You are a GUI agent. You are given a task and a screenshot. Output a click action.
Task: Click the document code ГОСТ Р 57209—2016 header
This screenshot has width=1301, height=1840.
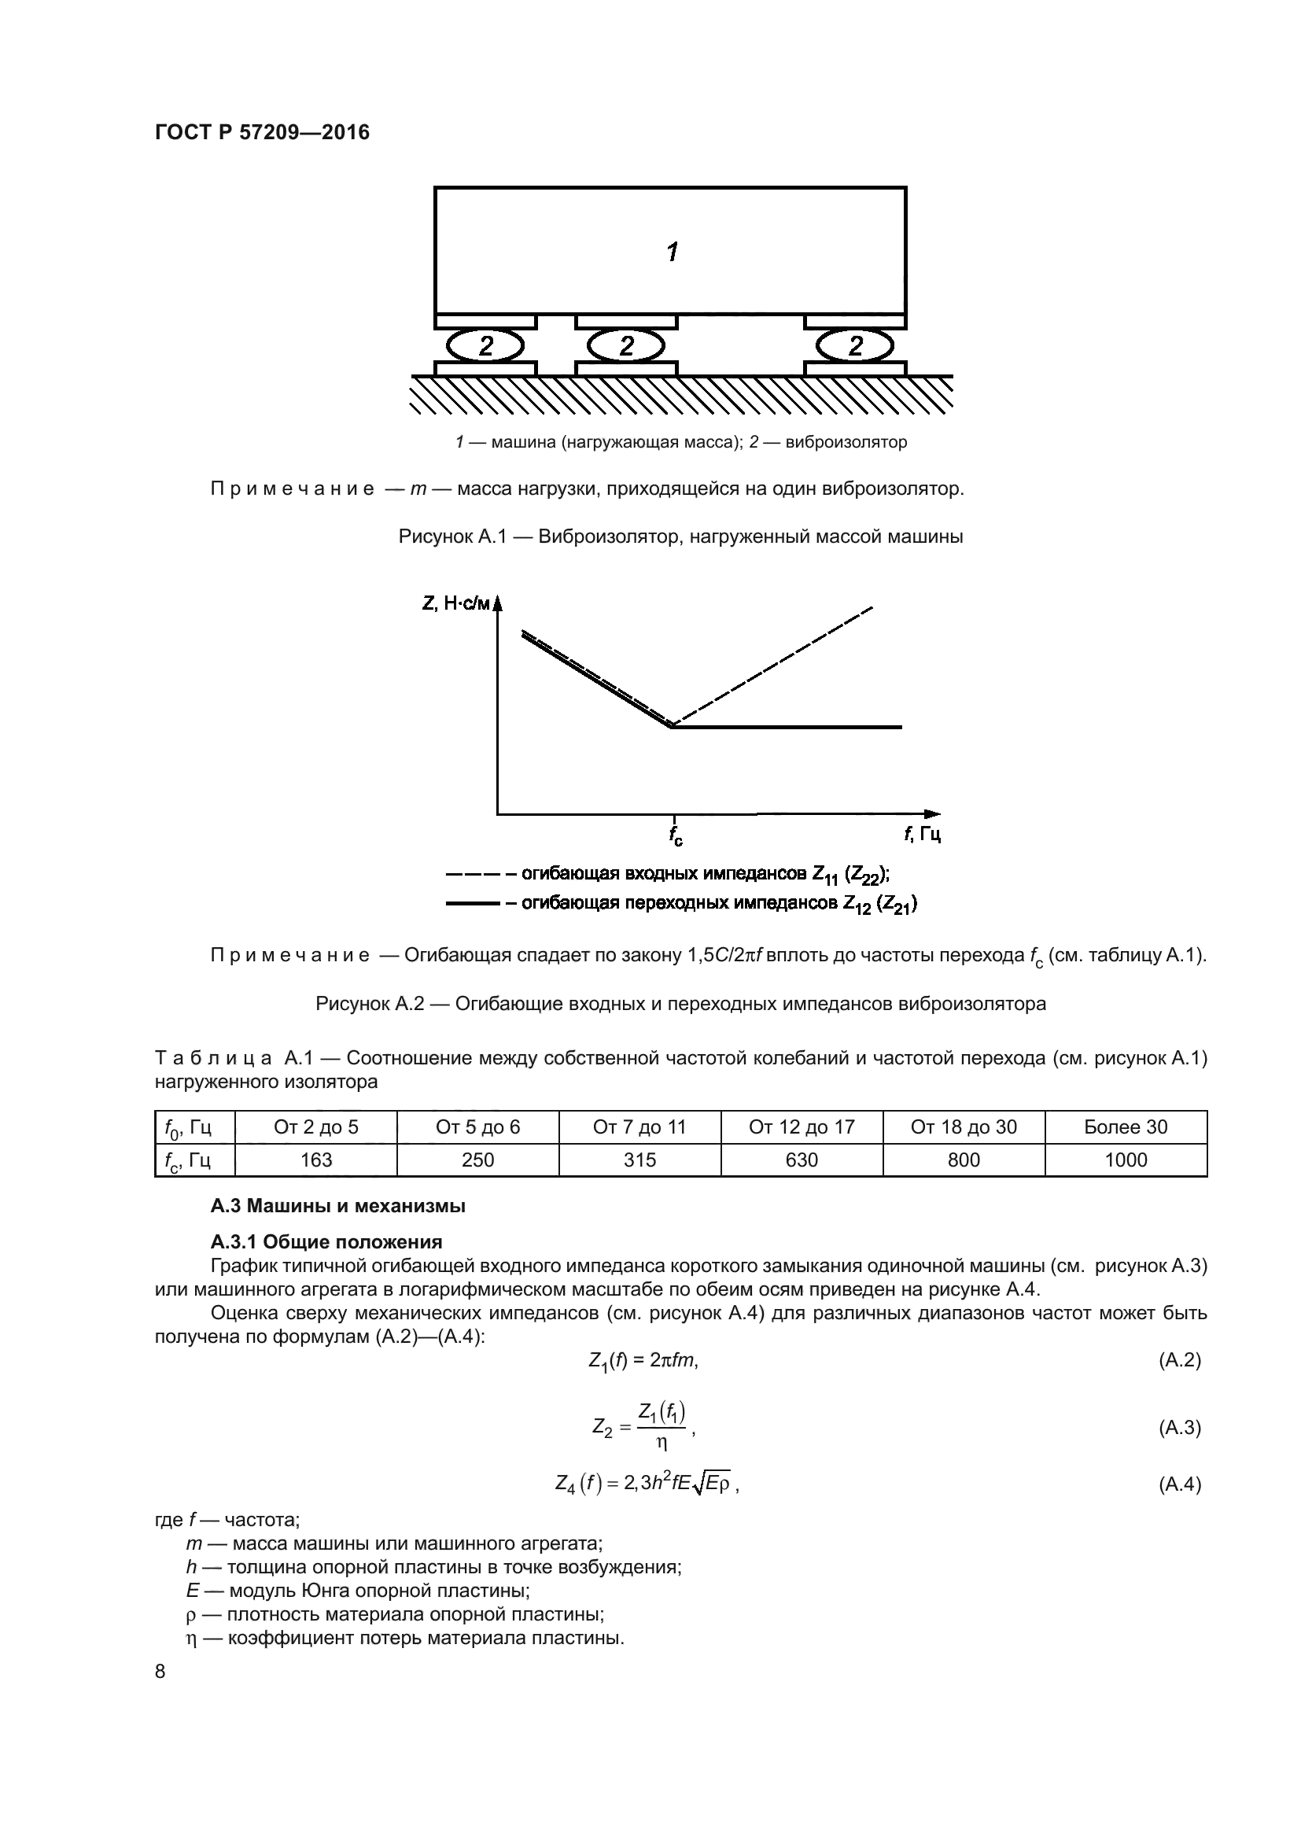coord(262,132)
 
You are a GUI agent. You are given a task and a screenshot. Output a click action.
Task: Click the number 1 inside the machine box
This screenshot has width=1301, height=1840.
coord(672,253)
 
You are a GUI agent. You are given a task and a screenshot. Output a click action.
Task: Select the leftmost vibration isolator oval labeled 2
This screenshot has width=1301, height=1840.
coord(485,346)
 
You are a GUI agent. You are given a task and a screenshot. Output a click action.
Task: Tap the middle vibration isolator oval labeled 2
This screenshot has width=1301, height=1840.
coord(626,346)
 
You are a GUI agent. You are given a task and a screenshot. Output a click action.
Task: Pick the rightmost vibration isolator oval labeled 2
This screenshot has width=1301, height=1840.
coord(855,346)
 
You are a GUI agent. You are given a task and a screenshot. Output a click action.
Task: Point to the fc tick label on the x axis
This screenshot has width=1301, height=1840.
coord(676,836)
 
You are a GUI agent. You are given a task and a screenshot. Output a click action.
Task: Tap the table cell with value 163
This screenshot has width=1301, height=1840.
coord(315,1160)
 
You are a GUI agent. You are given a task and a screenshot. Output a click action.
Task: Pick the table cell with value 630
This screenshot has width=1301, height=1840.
coord(801,1160)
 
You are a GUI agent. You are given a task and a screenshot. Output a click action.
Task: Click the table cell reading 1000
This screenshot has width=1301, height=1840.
coord(1126,1160)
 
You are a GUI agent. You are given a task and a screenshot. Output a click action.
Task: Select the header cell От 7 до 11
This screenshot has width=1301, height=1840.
coord(639,1126)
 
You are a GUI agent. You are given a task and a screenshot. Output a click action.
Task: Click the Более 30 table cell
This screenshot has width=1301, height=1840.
coord(1126,1126)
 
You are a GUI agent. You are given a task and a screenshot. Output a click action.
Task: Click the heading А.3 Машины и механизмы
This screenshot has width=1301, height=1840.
coord(337,1206)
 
